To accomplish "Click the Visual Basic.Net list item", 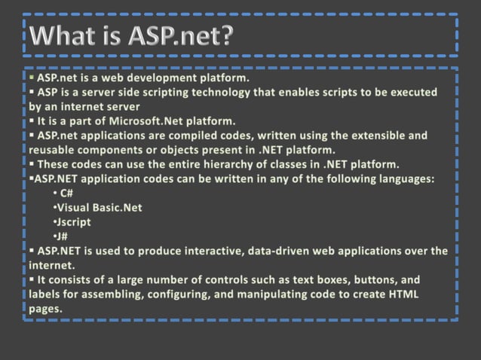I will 100,208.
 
